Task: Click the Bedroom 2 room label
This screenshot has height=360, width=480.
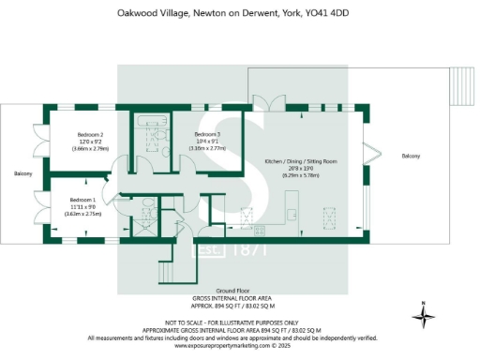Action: pyautogui.click(x=90, y=135)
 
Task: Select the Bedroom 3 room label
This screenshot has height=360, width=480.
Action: pyautogui.click(x=207, y=135)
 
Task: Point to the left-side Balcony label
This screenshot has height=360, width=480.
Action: pyautogui.click(x=23, y=174)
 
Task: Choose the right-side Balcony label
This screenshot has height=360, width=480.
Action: pyautogui.click(x=412, y=156)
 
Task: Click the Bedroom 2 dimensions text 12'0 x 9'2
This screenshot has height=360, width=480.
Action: pyautogui.click(x=90, y=142)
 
